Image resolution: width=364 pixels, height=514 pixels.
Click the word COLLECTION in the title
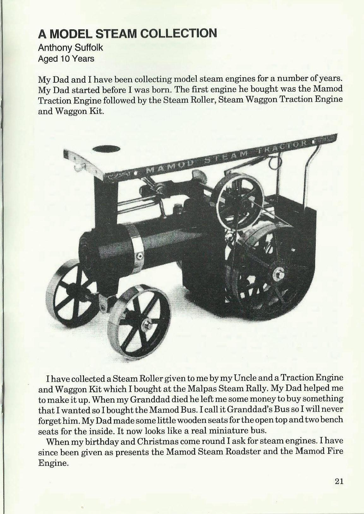pos(179,33)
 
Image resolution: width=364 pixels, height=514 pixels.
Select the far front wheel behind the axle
pos(73,288)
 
